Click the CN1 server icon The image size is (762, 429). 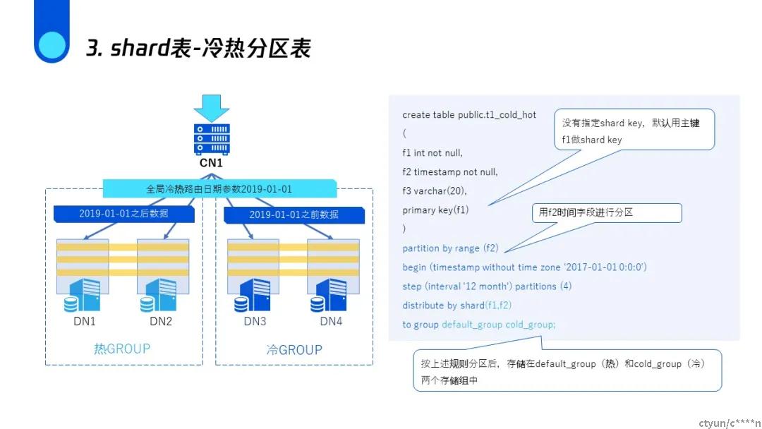pyautogui.click(x=212, y=139)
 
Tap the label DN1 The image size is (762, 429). pyautogui.click(x=85, y=321)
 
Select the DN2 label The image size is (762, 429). pyautogui.click(x=161, y=321)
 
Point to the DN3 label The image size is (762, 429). pyautogui.click(x=255, y=321)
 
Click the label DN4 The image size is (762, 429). pyautogui.click(x=331, y=321)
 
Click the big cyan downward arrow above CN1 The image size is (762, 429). pyautogui.click(x=212, y=108)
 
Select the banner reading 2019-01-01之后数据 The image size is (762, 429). pyautogui.click(x=124, y=214)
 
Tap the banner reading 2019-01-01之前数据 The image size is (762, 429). pyautogui.click(x=294, y=214)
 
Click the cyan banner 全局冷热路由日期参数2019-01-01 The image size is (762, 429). pyautogui.click(x=219, y=188)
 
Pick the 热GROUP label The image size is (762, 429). pyautogui.click(x=122, y=349)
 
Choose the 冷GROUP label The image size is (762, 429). pyautogui.click(x=294, y=350)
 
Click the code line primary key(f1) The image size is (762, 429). pyautogui.click(x=435, y=210)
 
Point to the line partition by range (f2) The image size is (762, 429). pyautogui.click(x=450, y=248)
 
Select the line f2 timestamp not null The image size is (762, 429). pyautogui.click(x=450, y=172)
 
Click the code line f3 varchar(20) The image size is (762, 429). pyautogui.click(x=435, y=191)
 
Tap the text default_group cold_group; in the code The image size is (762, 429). pyautogui.click(x=499, y=325)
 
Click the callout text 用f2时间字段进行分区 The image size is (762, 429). pyautogui.click(x=586, y=212)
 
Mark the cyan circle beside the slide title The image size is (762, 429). pyautogui.click(x=52, y=45)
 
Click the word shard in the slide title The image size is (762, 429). pyautogui.click(x=140, y=47)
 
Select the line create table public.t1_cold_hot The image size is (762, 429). pyautogui.click(x=469, y=115)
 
